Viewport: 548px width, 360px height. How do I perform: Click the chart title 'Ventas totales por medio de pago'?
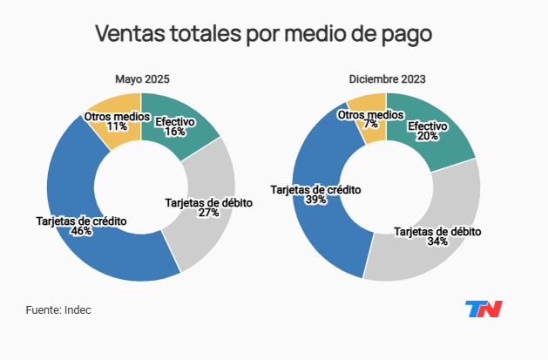pos(263,35)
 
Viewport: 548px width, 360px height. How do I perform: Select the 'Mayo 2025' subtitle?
pos(142,79)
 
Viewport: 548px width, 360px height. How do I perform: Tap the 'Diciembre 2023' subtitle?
pos(387,79)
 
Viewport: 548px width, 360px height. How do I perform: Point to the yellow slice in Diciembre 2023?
pos(371,131)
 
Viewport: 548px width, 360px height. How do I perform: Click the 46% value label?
pos(81,233)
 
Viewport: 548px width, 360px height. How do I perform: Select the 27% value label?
pos(209,214)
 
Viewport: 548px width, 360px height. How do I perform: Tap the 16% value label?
pos(175,132)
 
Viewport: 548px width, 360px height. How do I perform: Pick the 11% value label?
pos(117,126)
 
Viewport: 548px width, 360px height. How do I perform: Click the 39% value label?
pos(315,200)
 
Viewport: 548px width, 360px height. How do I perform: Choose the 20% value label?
pos(428,137)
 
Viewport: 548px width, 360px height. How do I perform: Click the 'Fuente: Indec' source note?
pos(58,309)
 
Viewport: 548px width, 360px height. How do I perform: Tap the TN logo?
pos(484,309)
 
